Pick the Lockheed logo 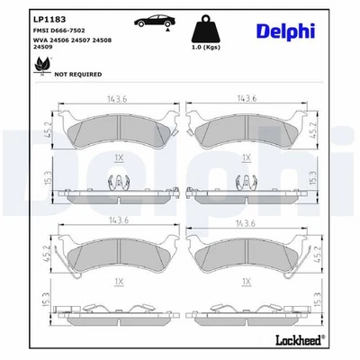pos(315,343)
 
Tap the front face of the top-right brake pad pos(247,130)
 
